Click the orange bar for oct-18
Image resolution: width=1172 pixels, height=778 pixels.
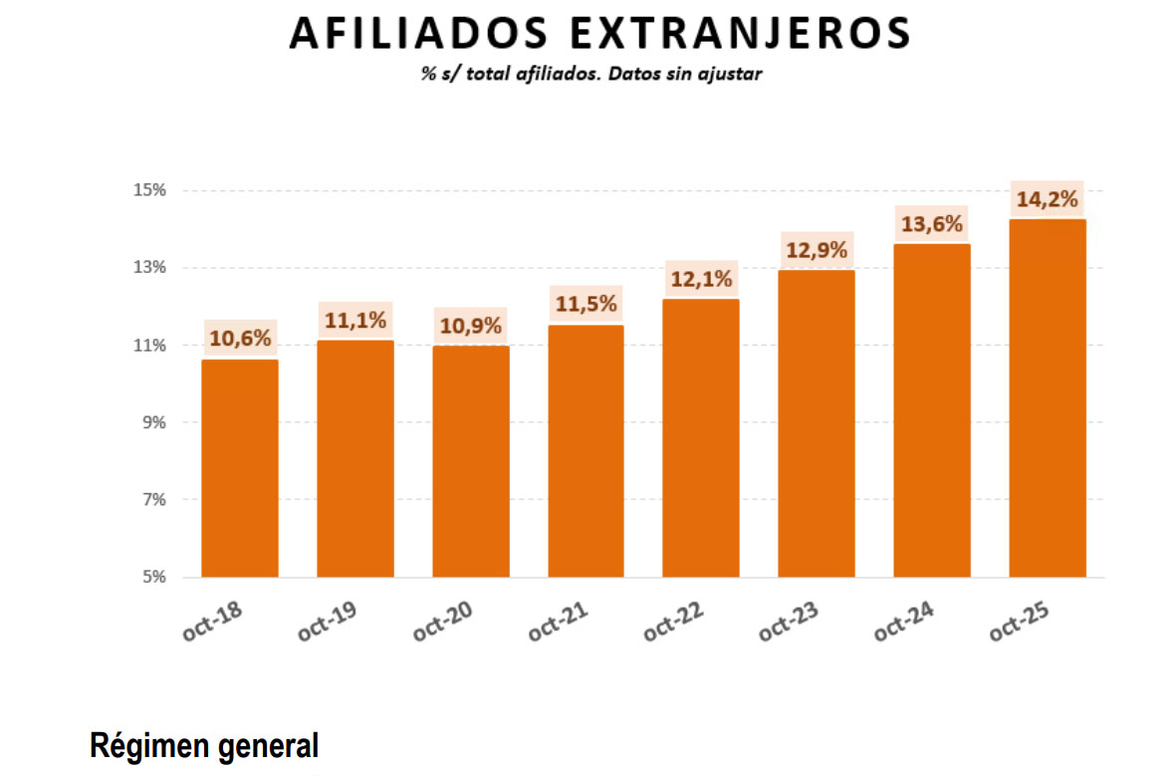click(x=239, y=468)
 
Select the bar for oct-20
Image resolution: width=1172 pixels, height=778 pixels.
click(x=470, y=461)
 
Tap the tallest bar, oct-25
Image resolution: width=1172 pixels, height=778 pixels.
click(x=1047, y=398)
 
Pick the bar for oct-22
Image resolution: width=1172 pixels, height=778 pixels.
click(x=701, y=438)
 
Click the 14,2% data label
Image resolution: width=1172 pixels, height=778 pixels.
click(x=1047, y=199)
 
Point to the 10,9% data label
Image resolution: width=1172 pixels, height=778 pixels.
click(x=470, y=326)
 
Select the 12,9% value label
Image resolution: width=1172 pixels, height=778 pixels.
click(x=817, y=250)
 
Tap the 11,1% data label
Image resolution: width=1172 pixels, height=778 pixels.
click(x=354, y=321)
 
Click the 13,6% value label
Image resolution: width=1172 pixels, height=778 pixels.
click(x=931, y=224)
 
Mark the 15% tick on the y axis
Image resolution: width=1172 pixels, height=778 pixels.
click(x=150, y=190)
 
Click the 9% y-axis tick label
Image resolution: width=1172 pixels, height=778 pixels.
click(x=154, y=422)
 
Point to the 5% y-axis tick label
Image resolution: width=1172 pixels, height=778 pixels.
click(x=154, y=577)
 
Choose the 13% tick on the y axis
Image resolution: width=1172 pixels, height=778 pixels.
click(x=150, y=268)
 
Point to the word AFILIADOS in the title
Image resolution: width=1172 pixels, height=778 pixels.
click(x=416, y=34)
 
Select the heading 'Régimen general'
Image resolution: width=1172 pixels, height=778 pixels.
click(x=204, y=745)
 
